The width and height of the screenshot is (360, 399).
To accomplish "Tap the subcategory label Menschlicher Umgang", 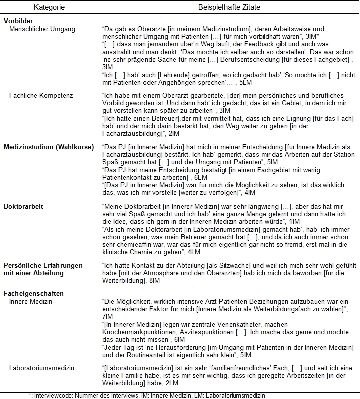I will pyautogui.click(x=42, y=29).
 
